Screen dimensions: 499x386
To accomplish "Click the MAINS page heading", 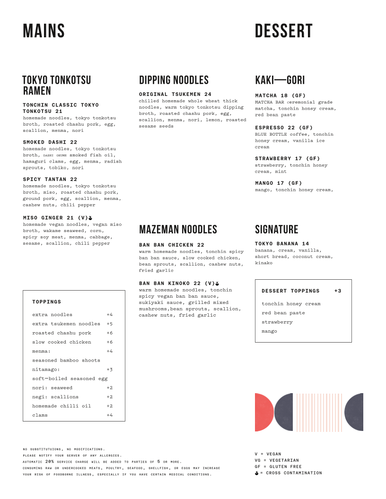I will pyautogui.click(x=44, y=31).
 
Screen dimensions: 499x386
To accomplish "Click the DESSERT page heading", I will pyautogui.click(x=283, y=31).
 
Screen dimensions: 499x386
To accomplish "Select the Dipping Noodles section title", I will pyautogui.click(x=174, y=80).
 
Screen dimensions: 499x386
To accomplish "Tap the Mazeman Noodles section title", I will pyautogui.click(x=178, y=230).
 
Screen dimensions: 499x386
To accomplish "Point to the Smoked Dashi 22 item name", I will pyautogui.click(x=50, y=142).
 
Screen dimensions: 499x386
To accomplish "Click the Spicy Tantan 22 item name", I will pyautogui.click(x=50, y=180).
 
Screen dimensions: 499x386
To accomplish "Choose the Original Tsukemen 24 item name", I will pyautogui.click(x=175, y=95).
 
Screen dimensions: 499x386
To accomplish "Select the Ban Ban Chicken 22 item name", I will pyautogui.click(x=171, y=245).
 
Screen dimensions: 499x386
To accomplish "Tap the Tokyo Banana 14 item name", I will pyautogui.click(x=282, y=244).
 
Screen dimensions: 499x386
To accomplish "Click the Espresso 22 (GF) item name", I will pyautogui.click(x=284, y=128).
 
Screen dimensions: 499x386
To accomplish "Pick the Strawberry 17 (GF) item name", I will pyautogui.click(x=287, y=159).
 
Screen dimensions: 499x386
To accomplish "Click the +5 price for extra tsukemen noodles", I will pyautogui.click(x=109, y=324).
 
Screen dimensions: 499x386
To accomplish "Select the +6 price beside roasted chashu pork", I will pyautogui.click(x=109, y=333).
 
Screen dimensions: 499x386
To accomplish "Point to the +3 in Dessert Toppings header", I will pyautogui.click(x=337, y=291).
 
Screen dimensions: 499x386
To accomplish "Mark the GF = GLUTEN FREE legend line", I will pyautogui.click(x=278, y=466).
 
